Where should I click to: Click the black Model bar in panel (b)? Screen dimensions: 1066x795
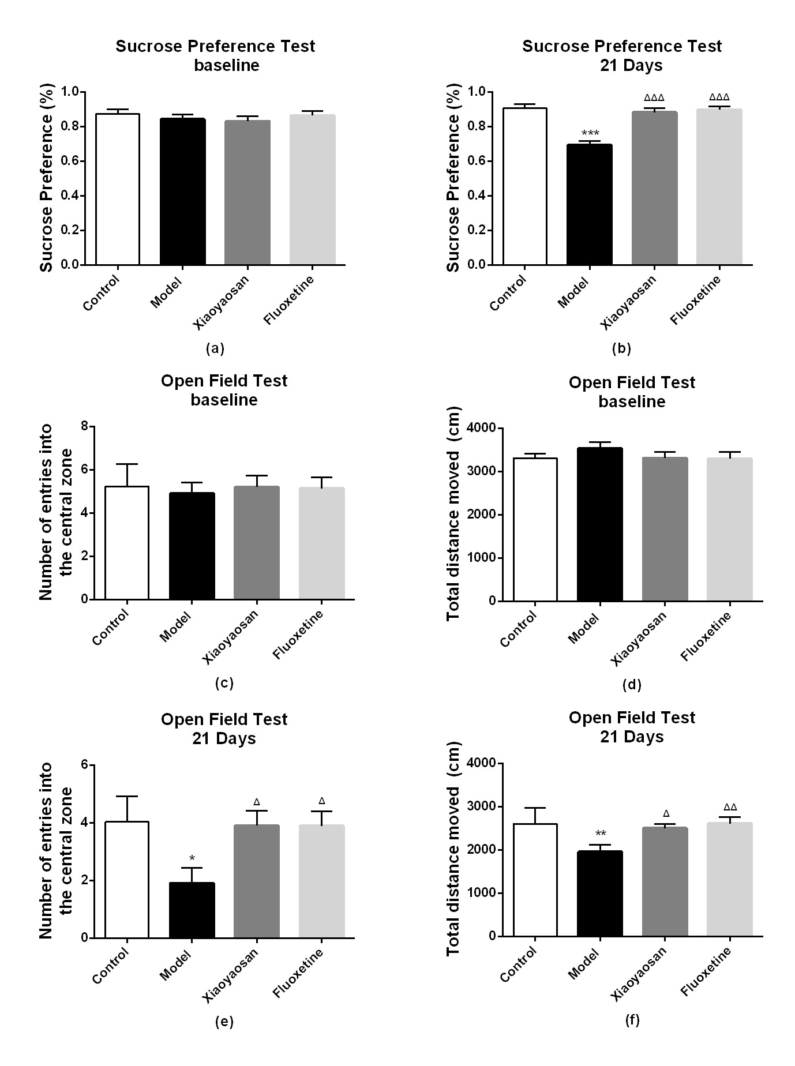pos(589,204)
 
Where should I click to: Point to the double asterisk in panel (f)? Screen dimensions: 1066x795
pos(600,834)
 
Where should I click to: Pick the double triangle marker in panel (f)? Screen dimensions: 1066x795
pos(730,808)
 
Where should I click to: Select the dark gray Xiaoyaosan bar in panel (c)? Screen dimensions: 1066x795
pos(257,543)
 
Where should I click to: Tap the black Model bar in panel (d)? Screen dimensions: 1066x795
pos(600,524)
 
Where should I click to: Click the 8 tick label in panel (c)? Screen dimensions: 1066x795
pos(85,426)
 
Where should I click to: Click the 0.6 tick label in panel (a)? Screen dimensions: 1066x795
pos(70,161)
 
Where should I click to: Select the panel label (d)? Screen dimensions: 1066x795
pos(632,685)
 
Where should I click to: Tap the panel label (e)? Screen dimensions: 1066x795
pos(224,1022)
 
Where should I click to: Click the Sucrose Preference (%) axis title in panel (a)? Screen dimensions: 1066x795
pos(47,178)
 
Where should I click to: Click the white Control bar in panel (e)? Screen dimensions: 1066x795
pos(127,880)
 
